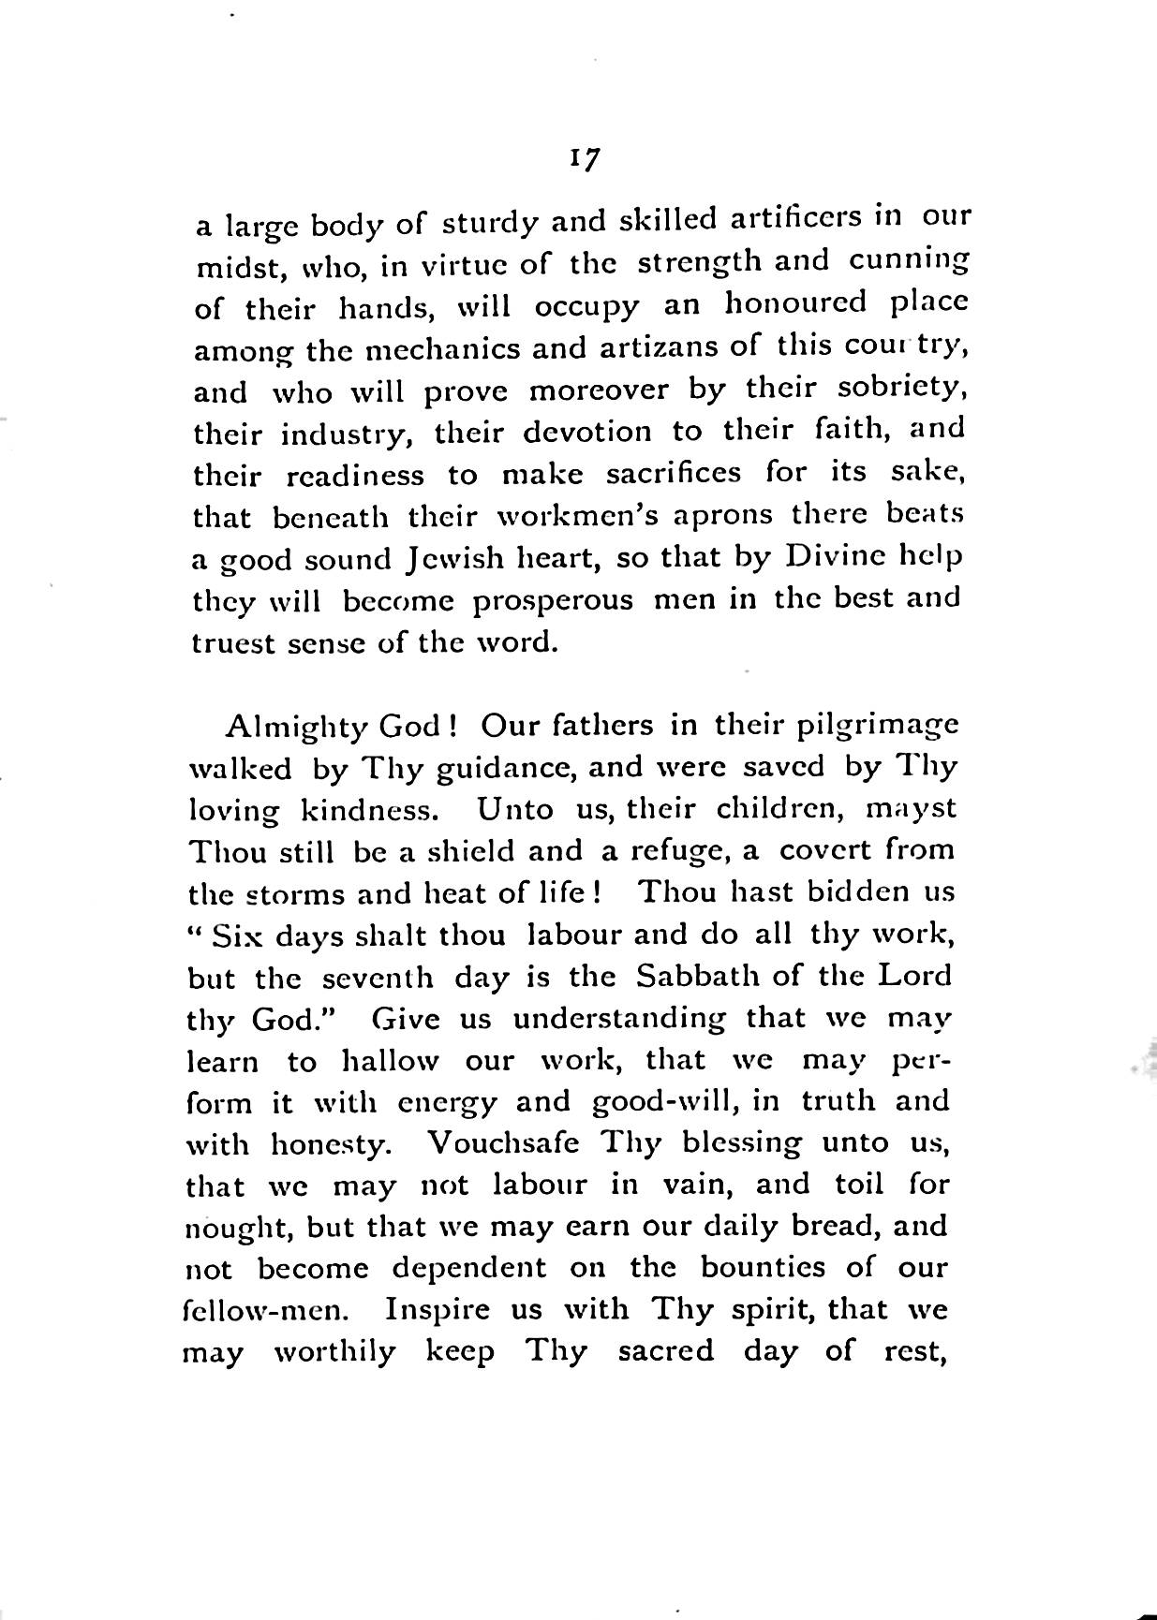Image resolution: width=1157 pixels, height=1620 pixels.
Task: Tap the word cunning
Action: pyautogui.click(x=908, y=261)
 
